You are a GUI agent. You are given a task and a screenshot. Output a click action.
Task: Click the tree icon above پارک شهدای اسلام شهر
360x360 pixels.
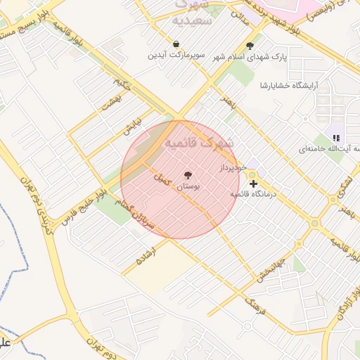[250, 46]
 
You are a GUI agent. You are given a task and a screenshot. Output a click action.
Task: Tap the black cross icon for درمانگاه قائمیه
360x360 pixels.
[253, 184]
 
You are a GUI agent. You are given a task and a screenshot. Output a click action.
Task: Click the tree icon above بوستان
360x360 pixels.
[188, 175]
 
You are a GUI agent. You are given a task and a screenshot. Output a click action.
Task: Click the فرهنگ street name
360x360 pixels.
[251, 303]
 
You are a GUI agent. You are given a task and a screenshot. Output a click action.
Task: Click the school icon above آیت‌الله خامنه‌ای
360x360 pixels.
[336, 138]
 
